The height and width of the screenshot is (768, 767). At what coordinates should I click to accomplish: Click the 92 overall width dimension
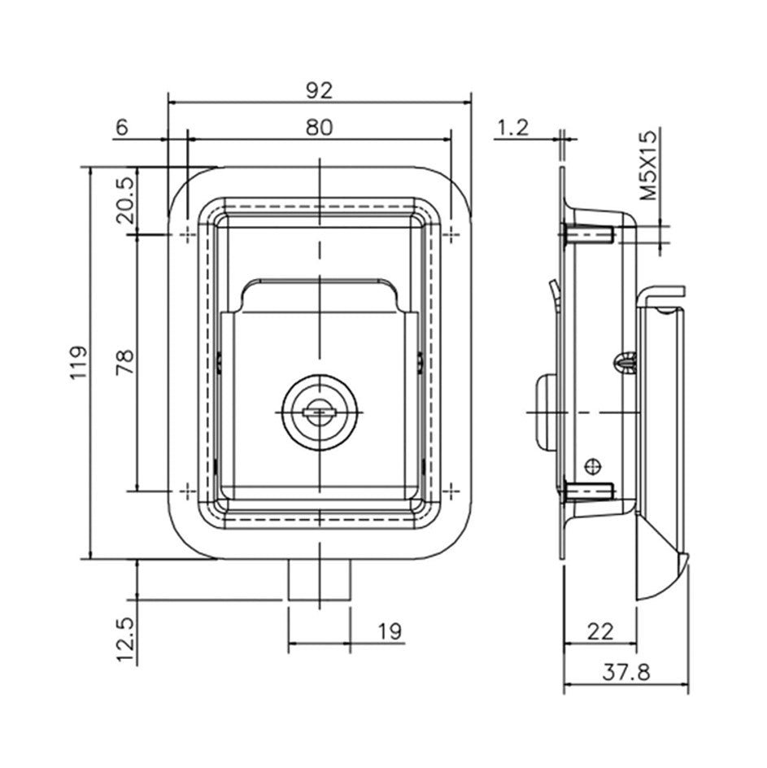coord(319,91)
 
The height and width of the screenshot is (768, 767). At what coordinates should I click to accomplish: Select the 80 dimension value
coord(319,128)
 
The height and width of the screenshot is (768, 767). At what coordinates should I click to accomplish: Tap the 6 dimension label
coord(121,128)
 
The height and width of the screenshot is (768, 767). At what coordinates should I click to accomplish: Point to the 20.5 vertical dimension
coord(124,200)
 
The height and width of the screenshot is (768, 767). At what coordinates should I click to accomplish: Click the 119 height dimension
coord(78,362)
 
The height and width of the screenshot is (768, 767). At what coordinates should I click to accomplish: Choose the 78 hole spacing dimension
coord(124,362)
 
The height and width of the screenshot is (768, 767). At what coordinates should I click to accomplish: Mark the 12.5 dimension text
coord(125,639)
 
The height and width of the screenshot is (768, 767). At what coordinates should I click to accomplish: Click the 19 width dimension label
coord(390,632)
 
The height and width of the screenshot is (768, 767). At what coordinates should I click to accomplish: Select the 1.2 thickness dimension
coord(513,128)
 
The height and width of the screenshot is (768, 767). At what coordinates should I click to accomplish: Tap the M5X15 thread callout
coord(648,165)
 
